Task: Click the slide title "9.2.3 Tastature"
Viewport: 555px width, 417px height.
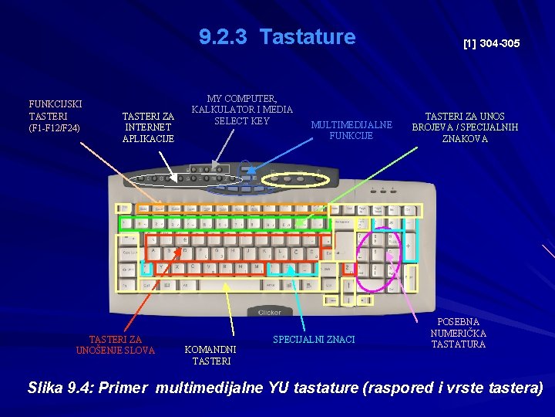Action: click(277, 37)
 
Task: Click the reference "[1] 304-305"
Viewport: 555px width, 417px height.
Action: click(491, 44)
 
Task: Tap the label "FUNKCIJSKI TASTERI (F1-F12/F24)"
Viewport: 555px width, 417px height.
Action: click(55, 115)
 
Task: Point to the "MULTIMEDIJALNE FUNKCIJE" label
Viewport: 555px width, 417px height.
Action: click(351, 130)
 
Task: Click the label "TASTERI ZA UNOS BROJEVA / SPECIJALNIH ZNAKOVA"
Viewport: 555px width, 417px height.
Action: click(465, 127)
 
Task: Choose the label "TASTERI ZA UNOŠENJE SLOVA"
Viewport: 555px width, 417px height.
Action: click(116, 344)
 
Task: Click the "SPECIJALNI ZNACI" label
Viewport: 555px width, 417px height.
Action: click(314, 340)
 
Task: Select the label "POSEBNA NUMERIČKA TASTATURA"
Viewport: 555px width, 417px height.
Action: click(459, 333)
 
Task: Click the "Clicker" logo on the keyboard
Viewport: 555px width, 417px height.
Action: click(268, 311)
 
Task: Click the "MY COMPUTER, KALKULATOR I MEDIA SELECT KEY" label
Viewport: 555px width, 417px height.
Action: click(242, 110)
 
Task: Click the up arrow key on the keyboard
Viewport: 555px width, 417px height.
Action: click(348, 284)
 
